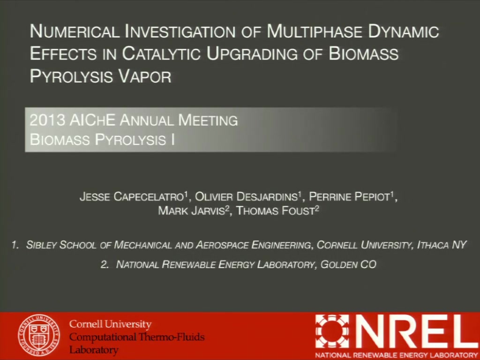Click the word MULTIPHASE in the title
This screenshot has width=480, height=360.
[x=315, y=31]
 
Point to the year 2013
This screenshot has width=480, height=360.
[x=47, y=120]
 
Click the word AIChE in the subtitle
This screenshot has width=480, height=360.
[x=92, y=120]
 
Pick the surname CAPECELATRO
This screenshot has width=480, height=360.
[x=149, y=196]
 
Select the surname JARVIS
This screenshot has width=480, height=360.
[x=208, y=210]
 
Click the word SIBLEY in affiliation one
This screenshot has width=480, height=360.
[x=41, y=245]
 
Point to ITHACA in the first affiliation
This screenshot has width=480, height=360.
[x=433, y=245]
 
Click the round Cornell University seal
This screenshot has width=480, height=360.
[x=38, y=336]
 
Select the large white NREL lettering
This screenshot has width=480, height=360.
[x=416, y=332]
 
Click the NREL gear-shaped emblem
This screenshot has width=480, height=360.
[x=332, y=332]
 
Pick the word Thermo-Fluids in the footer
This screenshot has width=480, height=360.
[x=172, y=337]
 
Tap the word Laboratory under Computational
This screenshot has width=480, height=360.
[x=94, y=350]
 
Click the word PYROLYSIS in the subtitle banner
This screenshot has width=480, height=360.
[x=130, y=140]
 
